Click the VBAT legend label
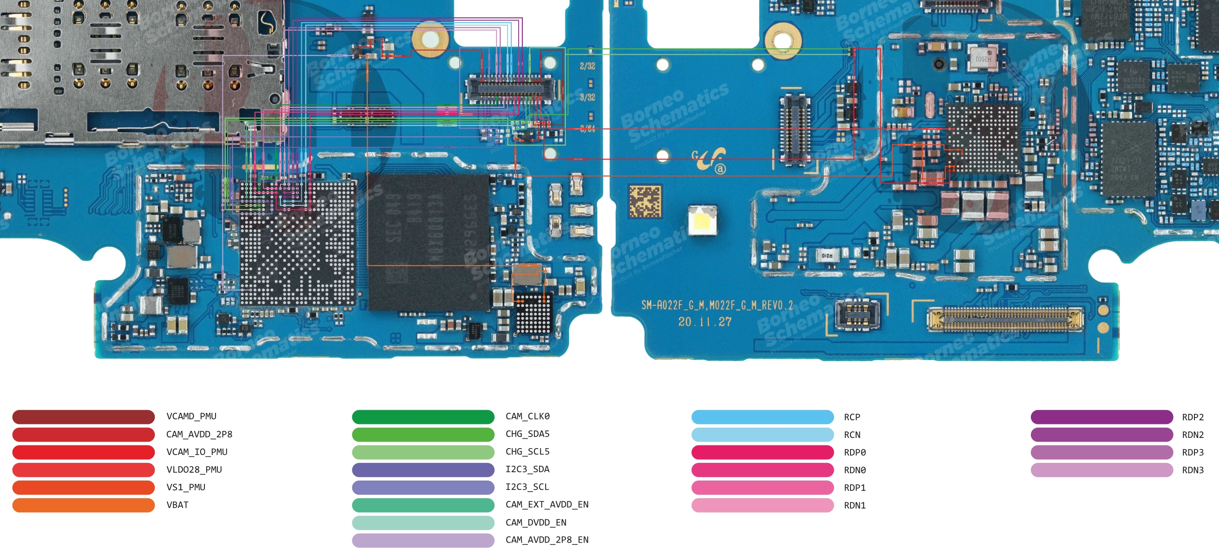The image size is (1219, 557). coord(178,505)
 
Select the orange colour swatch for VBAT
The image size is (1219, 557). coord(83,505)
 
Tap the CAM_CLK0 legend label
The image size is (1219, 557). coord(527,417)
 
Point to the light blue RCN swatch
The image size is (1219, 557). coord(762,434)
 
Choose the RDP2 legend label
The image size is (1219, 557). coord(1193,417)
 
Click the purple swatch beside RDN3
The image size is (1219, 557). coord(1101,470)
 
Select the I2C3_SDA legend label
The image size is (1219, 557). coord(527,469)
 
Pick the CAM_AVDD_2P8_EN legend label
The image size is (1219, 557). coord(546,540)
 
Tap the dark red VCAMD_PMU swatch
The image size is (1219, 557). coord(83,417)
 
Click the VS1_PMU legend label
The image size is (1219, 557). coord(185,487)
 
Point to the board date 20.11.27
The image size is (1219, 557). coord(705,322)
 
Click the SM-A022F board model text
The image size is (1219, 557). coord(717,305)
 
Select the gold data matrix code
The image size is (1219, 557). coord(645,202)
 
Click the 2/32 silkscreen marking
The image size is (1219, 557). coord(587,66)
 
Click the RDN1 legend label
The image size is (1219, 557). coord(855,506)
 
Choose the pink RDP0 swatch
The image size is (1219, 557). coord(762,452)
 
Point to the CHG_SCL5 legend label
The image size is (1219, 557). coord(527,452)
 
